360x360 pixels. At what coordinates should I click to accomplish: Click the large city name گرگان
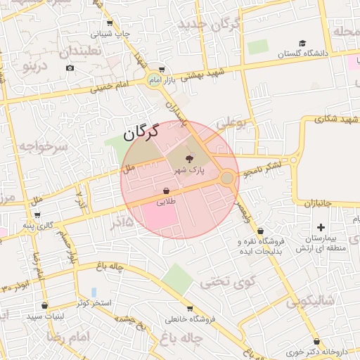(141, 131)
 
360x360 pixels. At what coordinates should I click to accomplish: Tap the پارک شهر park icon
(189, 159)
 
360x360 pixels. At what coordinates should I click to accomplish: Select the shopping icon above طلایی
(166, 191)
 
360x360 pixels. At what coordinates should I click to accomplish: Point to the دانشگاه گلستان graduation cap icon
(302, 44)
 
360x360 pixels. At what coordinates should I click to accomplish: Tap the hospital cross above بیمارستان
(321, 227)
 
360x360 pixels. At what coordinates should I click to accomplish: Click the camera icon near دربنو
(70, 67)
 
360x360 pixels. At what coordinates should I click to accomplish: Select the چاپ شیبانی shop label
(112, 33)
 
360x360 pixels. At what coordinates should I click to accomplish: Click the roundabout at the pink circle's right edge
(227, 178)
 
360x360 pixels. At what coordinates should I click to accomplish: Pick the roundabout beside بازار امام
(153, 80)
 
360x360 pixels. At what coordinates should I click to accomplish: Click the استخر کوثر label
(91, 303)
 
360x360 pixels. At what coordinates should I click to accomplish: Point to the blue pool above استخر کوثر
(94, 292)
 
